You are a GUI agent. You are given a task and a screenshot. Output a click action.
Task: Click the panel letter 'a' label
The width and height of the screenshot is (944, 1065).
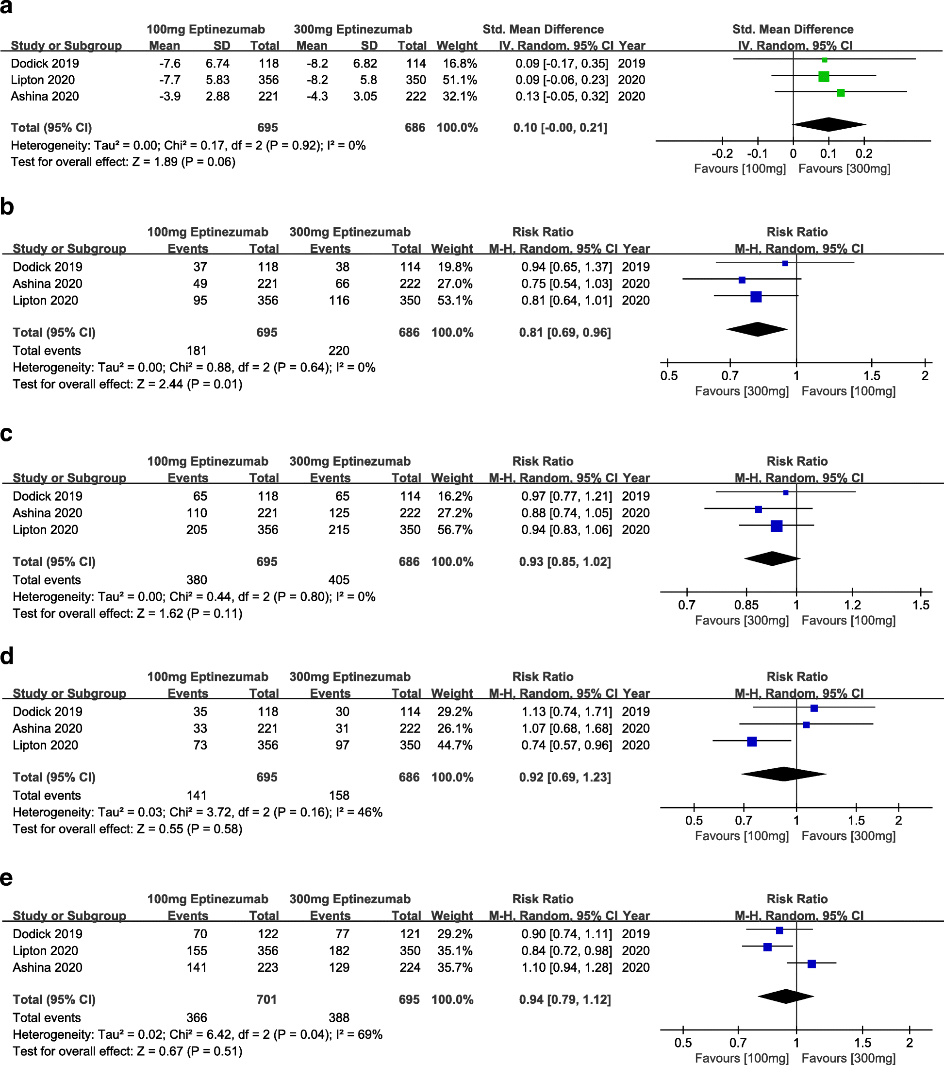pos(6,7)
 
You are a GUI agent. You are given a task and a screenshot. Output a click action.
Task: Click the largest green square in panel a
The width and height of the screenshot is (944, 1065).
pos(823,77)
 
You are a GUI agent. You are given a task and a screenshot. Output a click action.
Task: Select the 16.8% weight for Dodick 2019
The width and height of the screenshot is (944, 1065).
pos(460,64)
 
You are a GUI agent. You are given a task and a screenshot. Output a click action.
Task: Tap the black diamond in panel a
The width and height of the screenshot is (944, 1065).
pos(829,124)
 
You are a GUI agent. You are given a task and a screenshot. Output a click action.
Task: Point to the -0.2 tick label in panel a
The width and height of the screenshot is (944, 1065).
pos(722,154)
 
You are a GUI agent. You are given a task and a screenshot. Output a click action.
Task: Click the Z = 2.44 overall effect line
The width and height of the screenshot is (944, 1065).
pos(128,384)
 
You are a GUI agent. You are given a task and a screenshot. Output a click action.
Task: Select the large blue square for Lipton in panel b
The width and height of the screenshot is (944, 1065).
pos(756,297)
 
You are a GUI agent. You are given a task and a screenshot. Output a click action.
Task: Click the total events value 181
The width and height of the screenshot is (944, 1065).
pos(197,351)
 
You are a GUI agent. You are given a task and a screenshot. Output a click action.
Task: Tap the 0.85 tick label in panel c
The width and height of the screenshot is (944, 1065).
pos(746,605)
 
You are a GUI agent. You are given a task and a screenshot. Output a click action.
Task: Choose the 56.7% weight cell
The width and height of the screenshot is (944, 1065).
pos(455,529)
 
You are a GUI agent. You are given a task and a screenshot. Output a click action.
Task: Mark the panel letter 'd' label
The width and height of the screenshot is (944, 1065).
pos(7,657)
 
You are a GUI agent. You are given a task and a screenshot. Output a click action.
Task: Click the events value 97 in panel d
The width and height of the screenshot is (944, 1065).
pos(342,745)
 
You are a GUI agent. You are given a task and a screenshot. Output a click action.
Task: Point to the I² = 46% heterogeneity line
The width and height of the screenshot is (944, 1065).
pos(198,812)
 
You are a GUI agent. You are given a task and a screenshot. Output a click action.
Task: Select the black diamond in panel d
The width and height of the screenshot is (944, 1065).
pos(784,774)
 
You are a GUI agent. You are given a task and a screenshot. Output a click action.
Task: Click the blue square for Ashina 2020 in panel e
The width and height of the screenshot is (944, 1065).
pos(811,964)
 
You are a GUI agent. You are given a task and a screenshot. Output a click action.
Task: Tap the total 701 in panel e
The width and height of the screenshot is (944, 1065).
pos(266,999)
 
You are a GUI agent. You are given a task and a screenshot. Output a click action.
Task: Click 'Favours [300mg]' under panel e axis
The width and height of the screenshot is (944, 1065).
pos(848,1058)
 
